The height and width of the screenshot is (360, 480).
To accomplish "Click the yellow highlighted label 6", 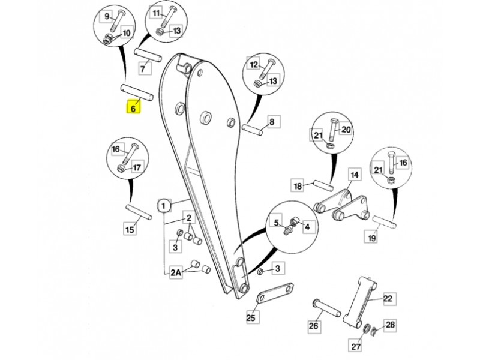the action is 133,107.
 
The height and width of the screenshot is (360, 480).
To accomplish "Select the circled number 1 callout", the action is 164,205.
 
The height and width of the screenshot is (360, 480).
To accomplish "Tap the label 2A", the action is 176,272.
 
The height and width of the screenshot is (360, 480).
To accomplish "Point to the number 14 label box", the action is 354,175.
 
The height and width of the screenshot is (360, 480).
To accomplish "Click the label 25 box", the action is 251,317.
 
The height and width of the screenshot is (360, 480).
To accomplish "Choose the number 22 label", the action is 388,298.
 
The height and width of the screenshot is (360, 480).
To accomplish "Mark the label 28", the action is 390,325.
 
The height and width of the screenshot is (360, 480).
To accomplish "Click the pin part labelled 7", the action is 147,56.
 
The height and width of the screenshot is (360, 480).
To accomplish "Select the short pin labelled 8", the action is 252,129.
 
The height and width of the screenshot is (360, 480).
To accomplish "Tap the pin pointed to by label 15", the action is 139,212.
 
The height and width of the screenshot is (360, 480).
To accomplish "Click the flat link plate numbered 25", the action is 275,293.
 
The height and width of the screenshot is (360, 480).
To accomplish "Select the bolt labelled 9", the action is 116,20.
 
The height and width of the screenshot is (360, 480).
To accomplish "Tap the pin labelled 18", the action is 323,186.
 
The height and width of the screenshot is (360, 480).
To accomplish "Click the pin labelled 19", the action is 385,222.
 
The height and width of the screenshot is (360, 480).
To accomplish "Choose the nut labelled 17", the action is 121,168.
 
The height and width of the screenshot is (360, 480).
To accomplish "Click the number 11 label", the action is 157,13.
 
